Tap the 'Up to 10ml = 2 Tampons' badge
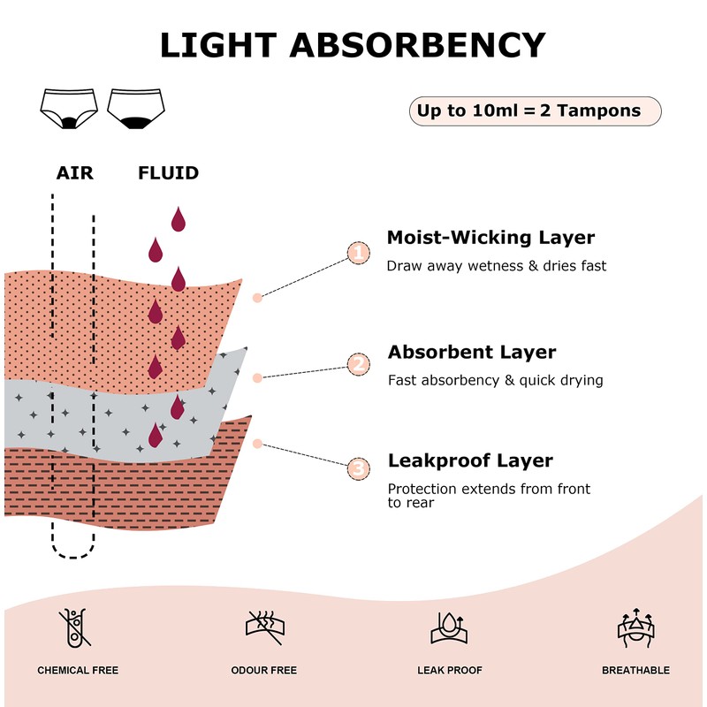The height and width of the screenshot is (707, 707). [x=535, y=111]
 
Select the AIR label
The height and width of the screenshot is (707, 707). [x=74, y=173]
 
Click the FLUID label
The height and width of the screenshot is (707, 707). [x=168, y=173]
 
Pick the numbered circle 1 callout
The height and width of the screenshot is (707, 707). [x=358, y=253]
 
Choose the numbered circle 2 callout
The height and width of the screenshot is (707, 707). [x=358, y=364]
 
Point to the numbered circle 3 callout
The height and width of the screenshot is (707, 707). [x=358, y=468]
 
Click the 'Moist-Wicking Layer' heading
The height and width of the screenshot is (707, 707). [x=490, y=238]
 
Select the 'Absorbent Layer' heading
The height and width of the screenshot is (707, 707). [x=472, y=353]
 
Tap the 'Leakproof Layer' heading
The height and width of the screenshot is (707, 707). [x=470, y=461]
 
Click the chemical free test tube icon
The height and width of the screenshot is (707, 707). [x=77, y=627]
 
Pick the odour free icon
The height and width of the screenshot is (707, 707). [x=263, y=627]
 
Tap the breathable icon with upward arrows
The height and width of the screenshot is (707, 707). [x=635, y=627]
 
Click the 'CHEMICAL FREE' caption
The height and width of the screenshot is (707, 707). [x=78, y=671]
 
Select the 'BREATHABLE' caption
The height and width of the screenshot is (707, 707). [x=635, y=671]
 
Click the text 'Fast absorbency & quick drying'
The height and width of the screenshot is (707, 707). [x=495, y=381]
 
